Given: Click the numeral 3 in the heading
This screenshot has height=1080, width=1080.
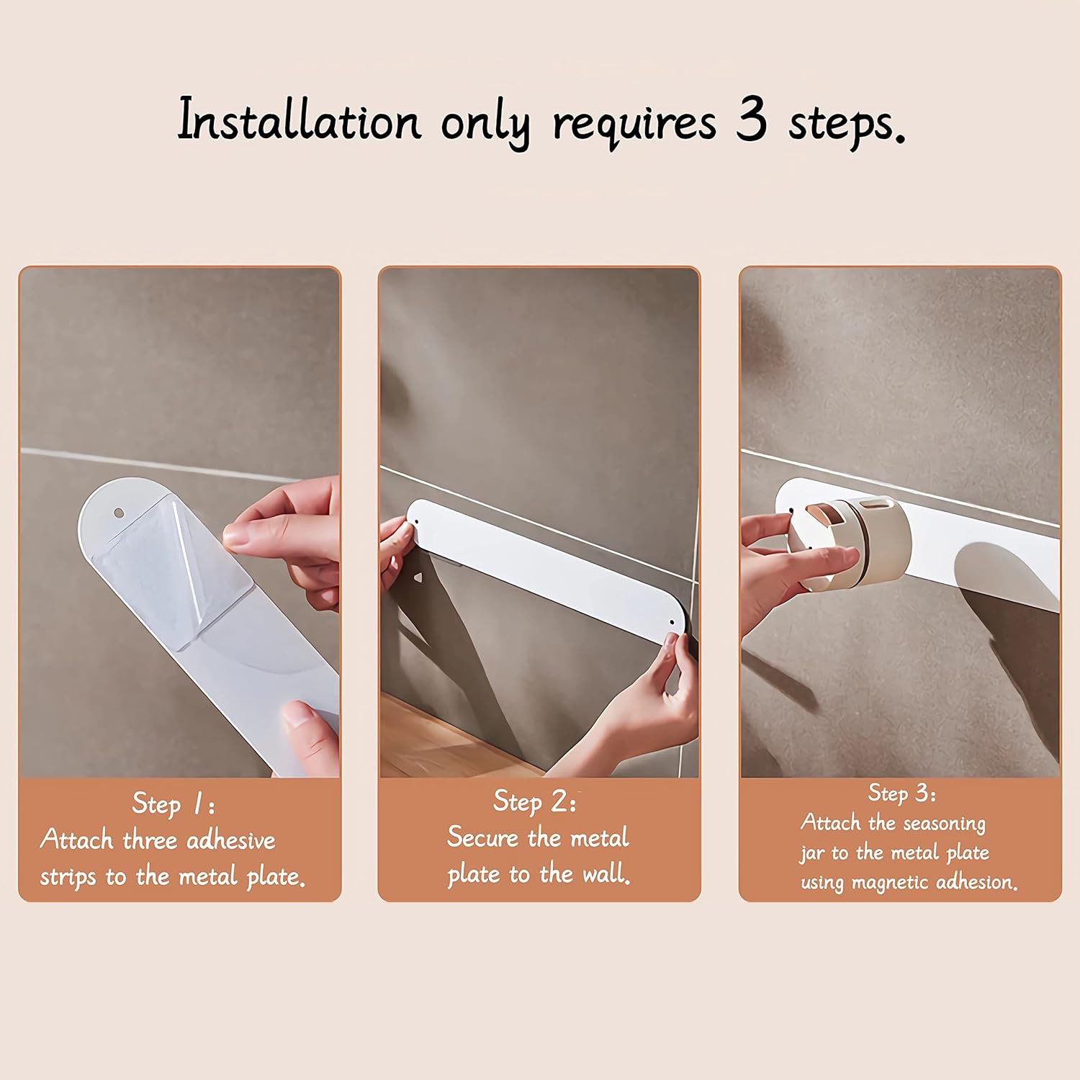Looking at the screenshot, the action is click(751, 119).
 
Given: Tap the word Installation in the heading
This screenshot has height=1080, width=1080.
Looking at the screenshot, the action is click(299, 120).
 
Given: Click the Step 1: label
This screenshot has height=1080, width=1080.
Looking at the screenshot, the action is click(173, 803).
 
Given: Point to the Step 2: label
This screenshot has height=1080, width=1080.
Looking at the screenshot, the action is click(535, 801).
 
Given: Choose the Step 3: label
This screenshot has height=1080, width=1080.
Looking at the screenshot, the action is click(901, 793).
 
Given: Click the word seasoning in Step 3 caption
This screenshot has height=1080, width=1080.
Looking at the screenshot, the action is click(944, 824).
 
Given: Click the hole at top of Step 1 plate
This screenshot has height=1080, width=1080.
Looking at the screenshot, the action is click(119, 513).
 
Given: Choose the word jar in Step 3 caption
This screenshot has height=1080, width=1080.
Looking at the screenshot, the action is click(812, 854).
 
